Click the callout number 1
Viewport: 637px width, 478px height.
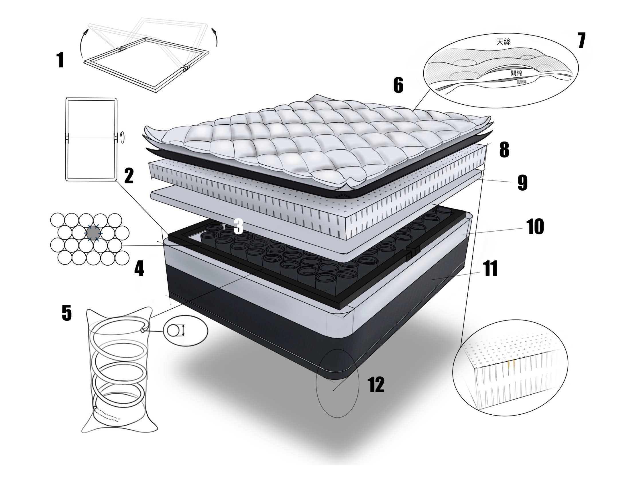click(x=60, y=60)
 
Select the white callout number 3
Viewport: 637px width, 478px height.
click(x=238, y=226)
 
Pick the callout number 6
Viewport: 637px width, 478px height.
click(x=399, y=85)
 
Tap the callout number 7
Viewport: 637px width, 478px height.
click(x=581, y=41)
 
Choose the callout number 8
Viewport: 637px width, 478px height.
click(x=504, y=150)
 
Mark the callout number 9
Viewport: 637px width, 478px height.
click(x=522, y=183)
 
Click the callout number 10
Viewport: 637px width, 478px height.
click(x=535, y=226)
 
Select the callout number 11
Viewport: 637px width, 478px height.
click(x=490, y=269)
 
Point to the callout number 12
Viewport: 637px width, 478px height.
click(x=376, y=385)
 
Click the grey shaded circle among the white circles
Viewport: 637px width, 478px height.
click(x=93, y=233)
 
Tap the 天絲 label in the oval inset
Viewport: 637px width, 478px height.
click(x=503, y=42)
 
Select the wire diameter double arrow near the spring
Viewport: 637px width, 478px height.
click(x=183, y=330)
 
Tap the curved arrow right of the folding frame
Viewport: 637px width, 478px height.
click(x=215, y=37)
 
